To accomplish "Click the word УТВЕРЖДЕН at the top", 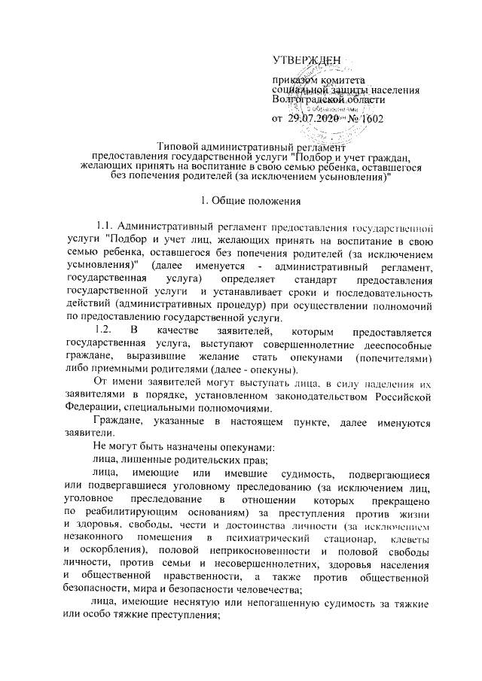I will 306,59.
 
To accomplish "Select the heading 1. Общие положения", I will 249,200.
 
